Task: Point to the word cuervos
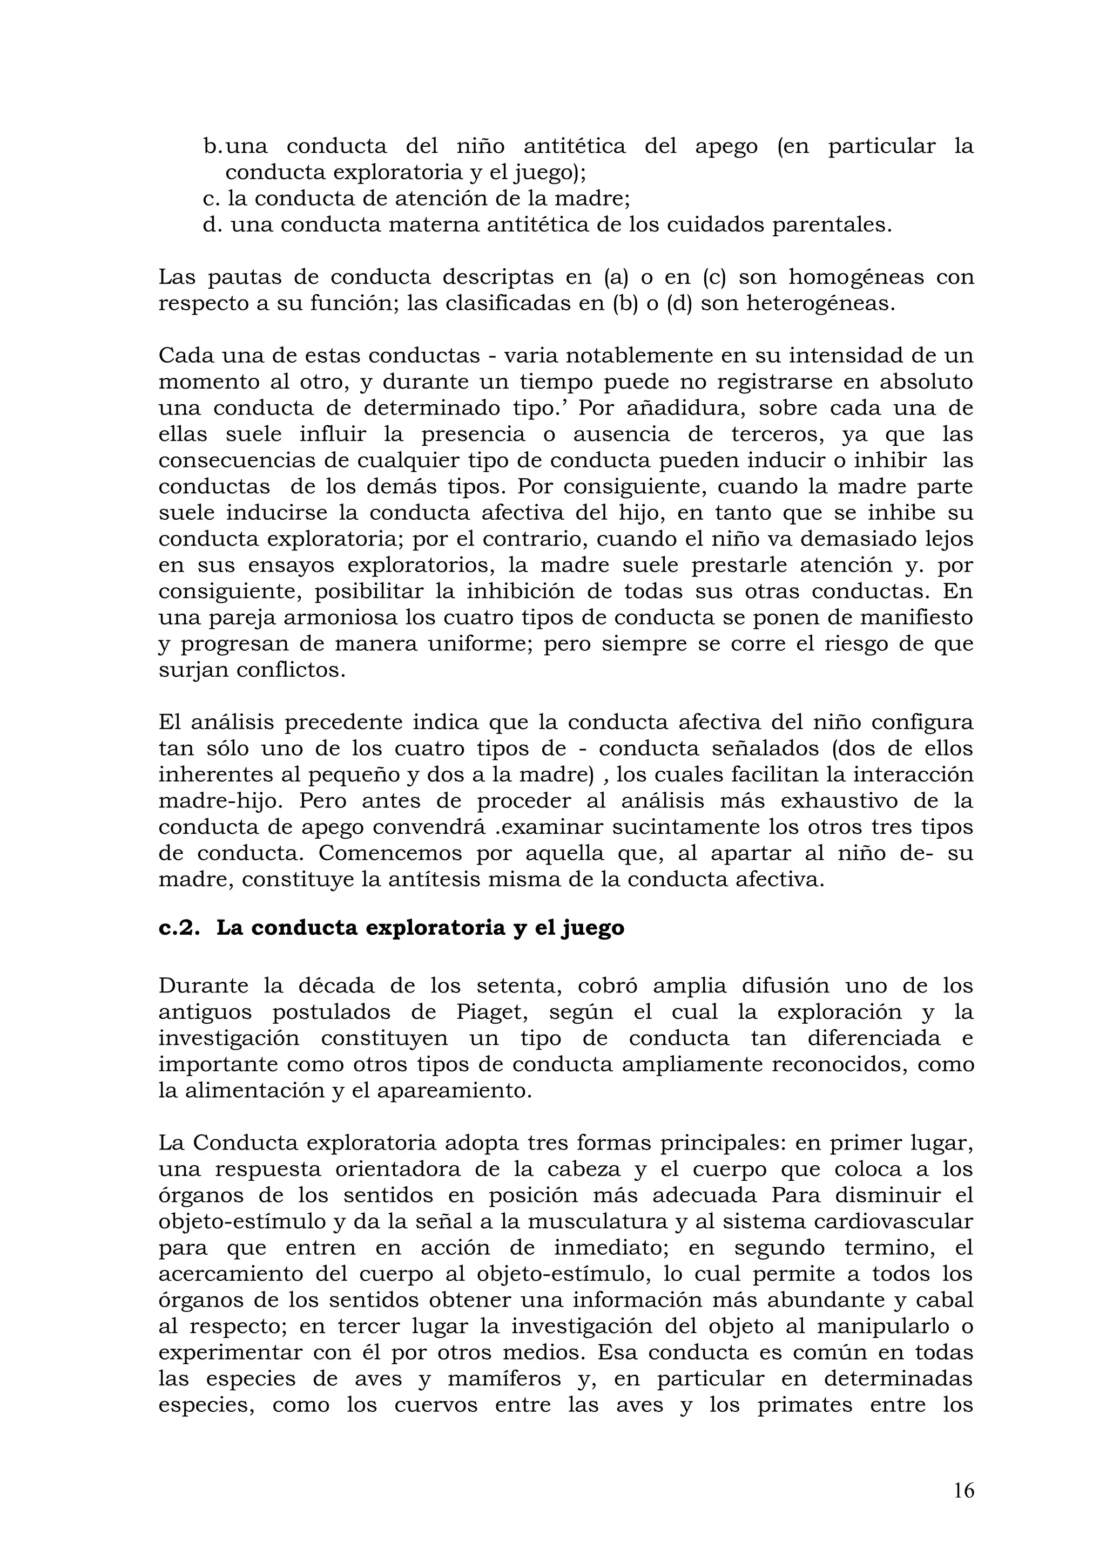coord(436,1405)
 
